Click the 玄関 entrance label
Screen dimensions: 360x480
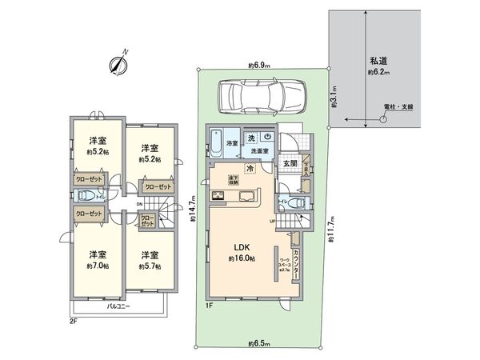tap(290, 164)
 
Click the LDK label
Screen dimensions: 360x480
tap(240, 247)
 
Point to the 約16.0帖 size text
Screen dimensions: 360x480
tap(240, 259)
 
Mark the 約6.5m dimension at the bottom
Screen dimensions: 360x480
tap(258, 345)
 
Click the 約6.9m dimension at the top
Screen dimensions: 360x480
tap(258, 65)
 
